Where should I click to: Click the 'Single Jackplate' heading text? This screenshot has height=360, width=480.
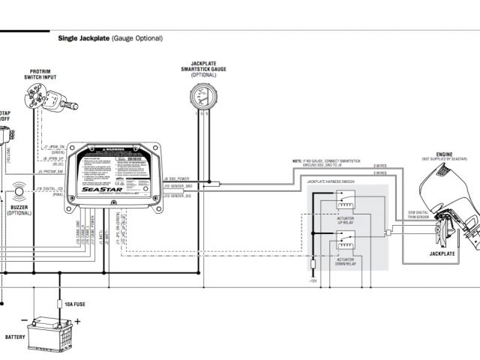(x=82, y=37)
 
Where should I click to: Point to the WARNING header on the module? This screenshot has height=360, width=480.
(x=115, y=150)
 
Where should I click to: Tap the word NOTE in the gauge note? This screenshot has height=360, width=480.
(x=297, y=161)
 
